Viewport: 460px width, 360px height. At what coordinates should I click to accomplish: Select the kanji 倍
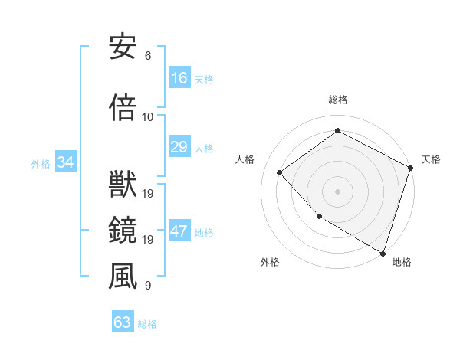point(123,109)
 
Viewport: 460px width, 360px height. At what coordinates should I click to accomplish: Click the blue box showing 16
point(179,78)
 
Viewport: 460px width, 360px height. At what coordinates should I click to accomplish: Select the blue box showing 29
point(179,147)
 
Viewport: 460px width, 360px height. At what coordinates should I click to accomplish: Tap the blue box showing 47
point(179,231)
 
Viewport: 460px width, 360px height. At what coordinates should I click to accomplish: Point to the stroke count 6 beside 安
point(148,56)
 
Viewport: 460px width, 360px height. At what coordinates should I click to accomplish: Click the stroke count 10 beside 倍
point(148,117)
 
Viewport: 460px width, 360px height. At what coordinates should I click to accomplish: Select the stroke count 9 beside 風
point(148,286)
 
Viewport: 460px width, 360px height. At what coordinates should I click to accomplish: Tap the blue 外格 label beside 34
point(40,163)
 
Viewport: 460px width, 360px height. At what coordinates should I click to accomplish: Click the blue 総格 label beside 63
point(147,323)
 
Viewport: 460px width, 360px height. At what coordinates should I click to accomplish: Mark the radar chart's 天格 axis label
point(431,159)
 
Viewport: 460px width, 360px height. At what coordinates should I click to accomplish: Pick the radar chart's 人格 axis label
point(245,159)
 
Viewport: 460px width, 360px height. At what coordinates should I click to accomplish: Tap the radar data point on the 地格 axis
point(383,252)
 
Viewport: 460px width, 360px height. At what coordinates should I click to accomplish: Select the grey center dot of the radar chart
point(337,191)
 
